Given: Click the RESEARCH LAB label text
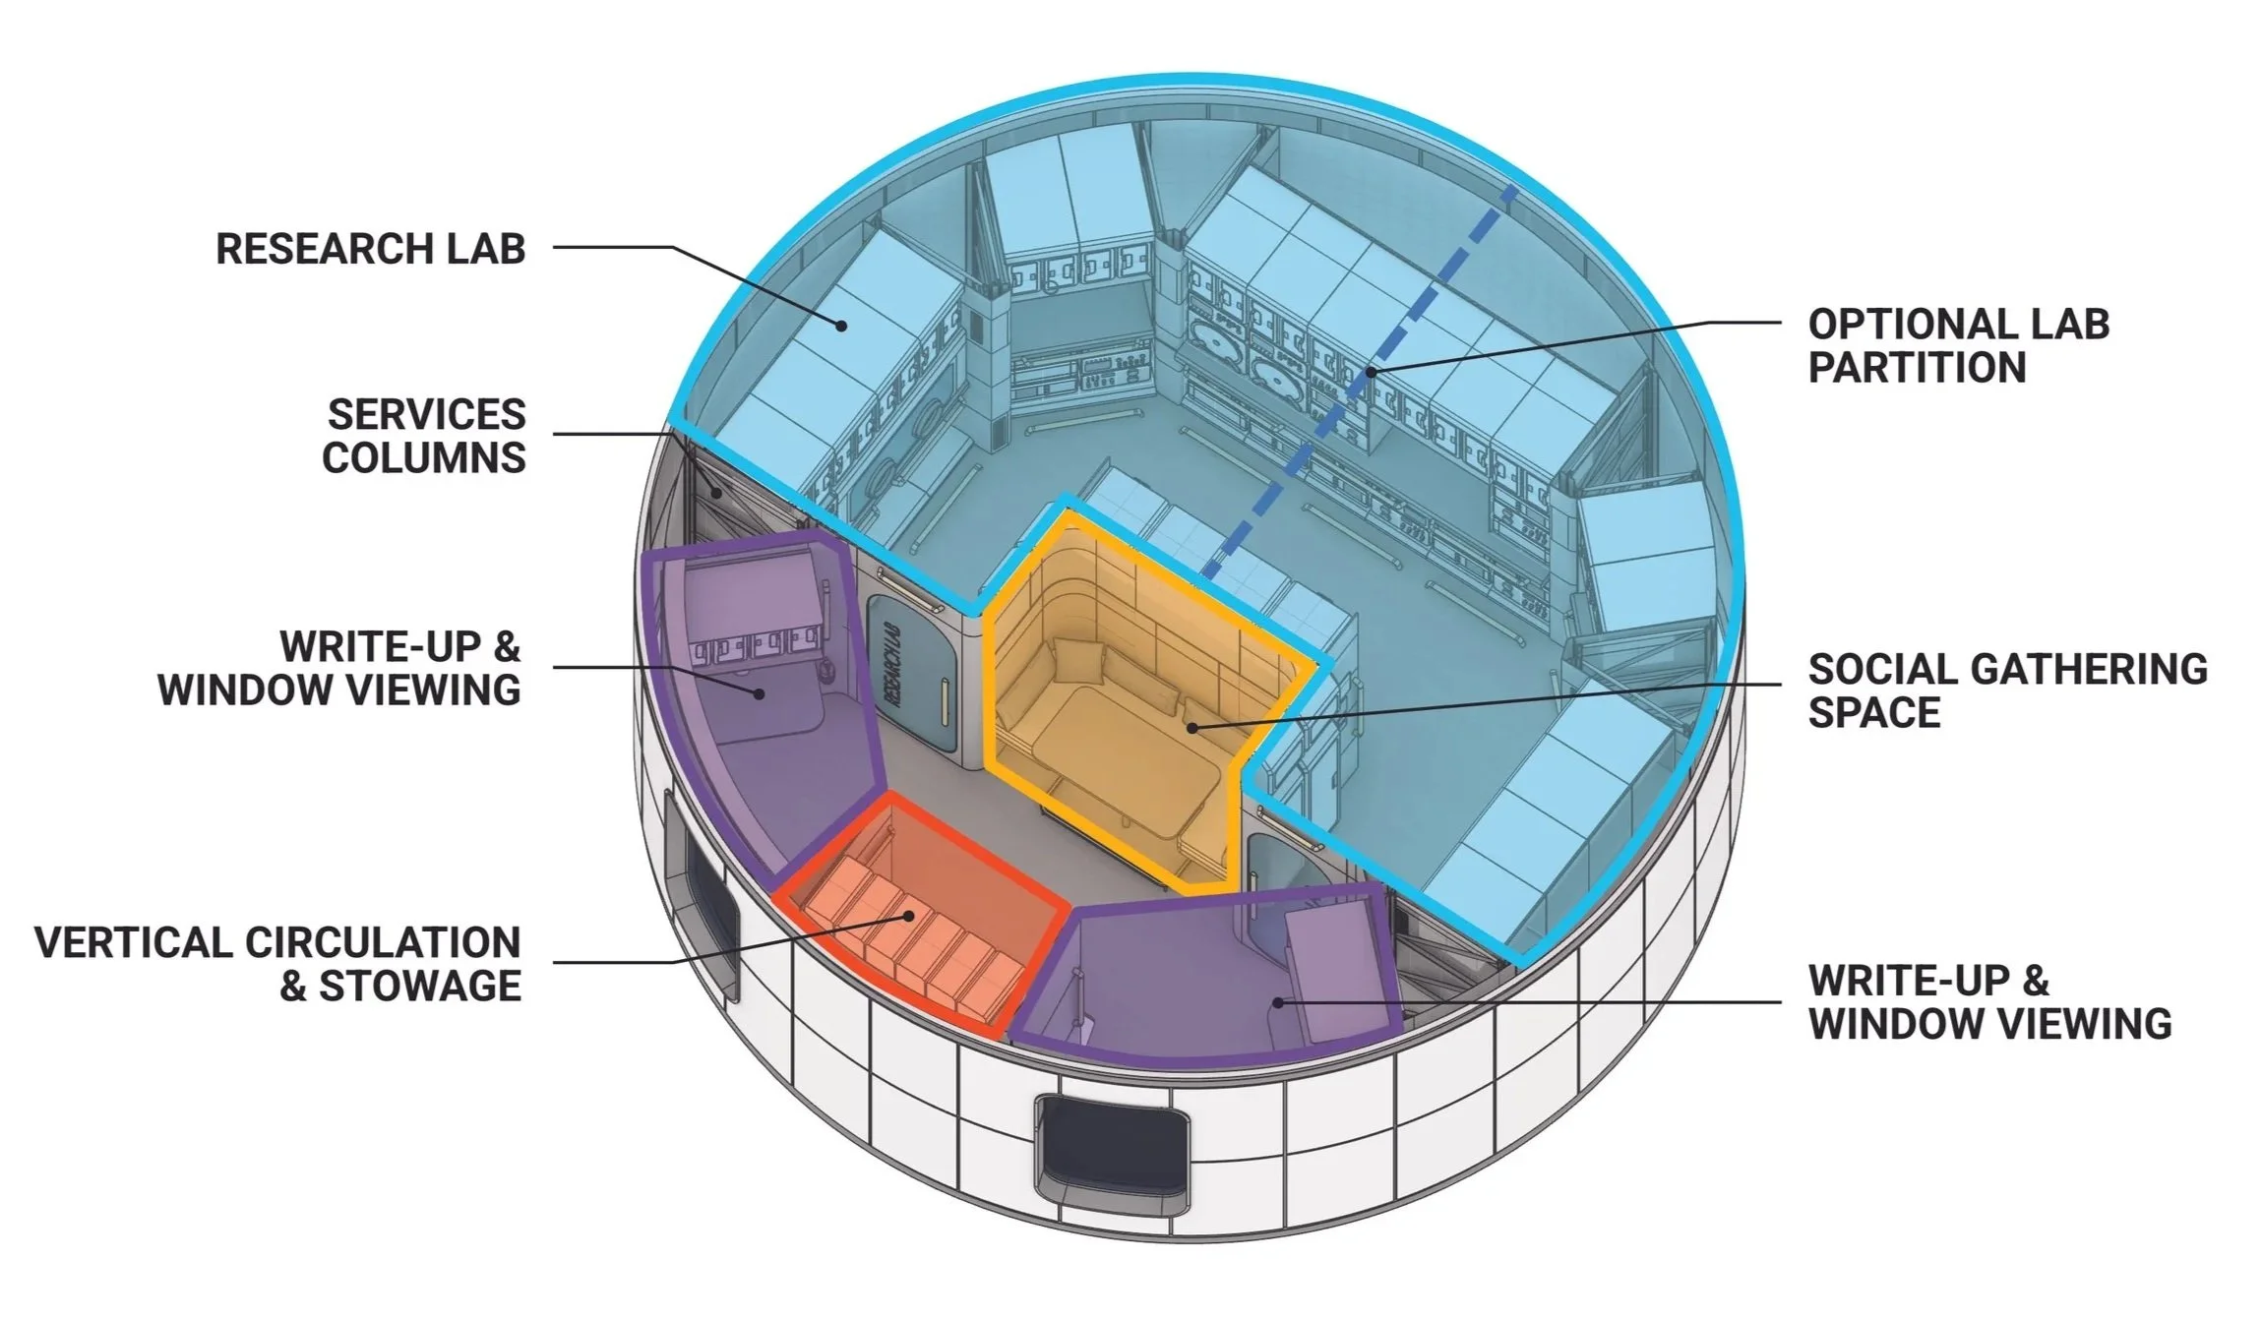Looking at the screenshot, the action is point(370,248).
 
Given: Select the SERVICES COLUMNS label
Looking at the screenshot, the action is point(425,436).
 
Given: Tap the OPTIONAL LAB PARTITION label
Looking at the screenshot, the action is point(1958,345).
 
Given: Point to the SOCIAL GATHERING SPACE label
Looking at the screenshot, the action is point(2007,690).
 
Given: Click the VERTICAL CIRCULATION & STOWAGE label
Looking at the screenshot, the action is point(278,963).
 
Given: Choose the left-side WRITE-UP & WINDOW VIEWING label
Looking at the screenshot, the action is point(339,668).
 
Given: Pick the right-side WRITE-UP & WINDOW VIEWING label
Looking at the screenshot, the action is point(1989,1001).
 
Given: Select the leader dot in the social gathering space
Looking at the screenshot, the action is point(1191,728).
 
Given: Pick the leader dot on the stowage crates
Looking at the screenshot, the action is point(911,916).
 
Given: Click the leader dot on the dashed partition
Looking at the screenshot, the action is point(1370,372).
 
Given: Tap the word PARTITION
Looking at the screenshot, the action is point(1917,368).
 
